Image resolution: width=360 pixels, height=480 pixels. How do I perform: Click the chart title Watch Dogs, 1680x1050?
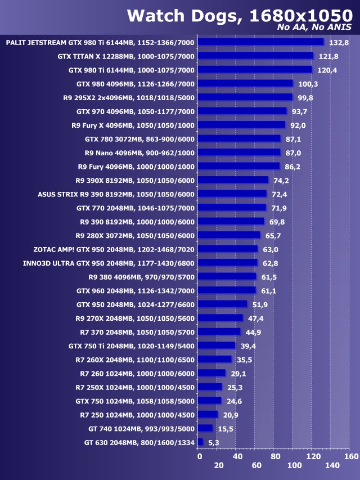click(x=238, y=15)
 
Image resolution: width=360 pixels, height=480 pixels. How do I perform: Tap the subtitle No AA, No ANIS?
click(x=314, y=28)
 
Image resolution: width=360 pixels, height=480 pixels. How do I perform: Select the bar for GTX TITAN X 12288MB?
click(x=256, y=56)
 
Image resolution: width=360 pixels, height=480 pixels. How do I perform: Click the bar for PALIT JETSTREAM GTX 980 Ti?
click(x=261, y=42)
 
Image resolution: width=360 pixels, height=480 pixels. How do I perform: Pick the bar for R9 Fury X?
click(x=242, y=125)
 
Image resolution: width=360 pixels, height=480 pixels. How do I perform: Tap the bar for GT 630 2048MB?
click(x=200, y=442)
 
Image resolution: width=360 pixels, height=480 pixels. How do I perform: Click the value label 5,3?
click(x=214, y=443)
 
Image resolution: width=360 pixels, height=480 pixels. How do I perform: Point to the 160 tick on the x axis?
click(x=350, y=456)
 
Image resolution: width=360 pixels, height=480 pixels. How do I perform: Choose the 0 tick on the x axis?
click(x=199, y=456)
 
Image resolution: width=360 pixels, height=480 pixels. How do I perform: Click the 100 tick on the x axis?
click(x=294, y=465)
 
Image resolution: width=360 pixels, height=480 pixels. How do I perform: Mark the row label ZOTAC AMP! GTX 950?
click(x=114, y=249)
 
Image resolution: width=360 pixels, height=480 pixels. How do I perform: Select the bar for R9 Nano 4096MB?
click(x=240, y=152)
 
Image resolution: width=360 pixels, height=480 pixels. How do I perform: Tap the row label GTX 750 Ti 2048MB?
click(x=132, y=346)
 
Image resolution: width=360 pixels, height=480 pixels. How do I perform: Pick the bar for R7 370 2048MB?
click(x=219, y=332)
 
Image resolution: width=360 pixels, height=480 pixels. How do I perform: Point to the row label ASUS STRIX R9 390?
click(x=116, y=194)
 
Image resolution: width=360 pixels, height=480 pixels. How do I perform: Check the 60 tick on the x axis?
click(x=256, y=465)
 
